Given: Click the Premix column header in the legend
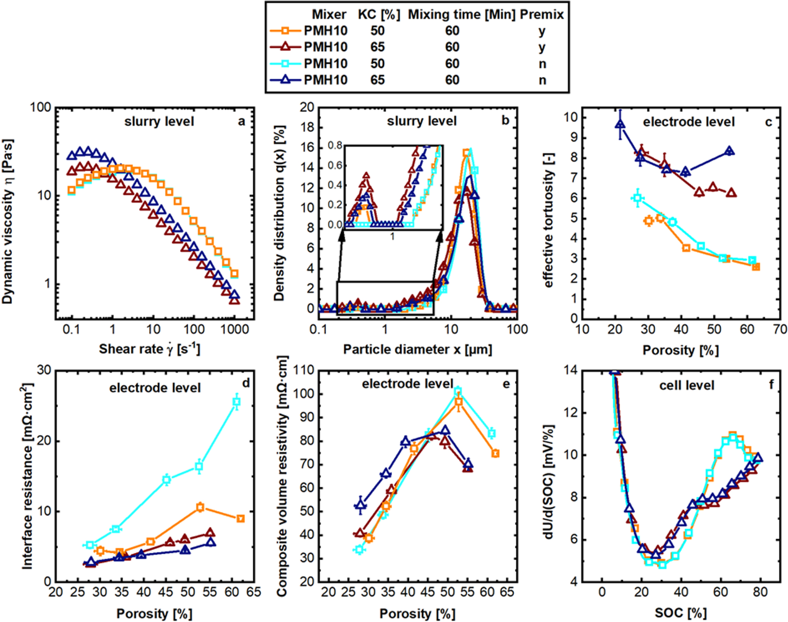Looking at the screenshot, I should pyautogui.click(x=542, y=14).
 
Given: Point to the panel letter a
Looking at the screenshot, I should pyautogui.click(x=241, y=121).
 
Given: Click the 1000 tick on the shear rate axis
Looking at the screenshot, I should pyautogui.click(x=235, y=329).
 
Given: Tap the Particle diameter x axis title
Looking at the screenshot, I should pyautogui.click(x=418, y=349).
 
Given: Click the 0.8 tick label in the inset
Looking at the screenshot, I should pyautogui.click(x=335, y=146).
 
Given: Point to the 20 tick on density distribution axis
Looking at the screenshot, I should pyautogui.click(x=307, y=108).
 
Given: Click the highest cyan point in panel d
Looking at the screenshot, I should pyautogui.click(x=236, y=401).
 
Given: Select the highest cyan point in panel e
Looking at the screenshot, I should pyautogui.click(x=458, y=390).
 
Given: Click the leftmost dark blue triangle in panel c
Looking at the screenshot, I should pyautogui.click(x=621, y=124).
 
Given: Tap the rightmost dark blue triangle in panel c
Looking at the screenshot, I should pyautogui.click(x=729, y=151).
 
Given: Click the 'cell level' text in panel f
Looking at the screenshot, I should pyautogui.click(x=687, y=386).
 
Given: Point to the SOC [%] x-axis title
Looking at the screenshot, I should pyautogui.click(x=681, y=613).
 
